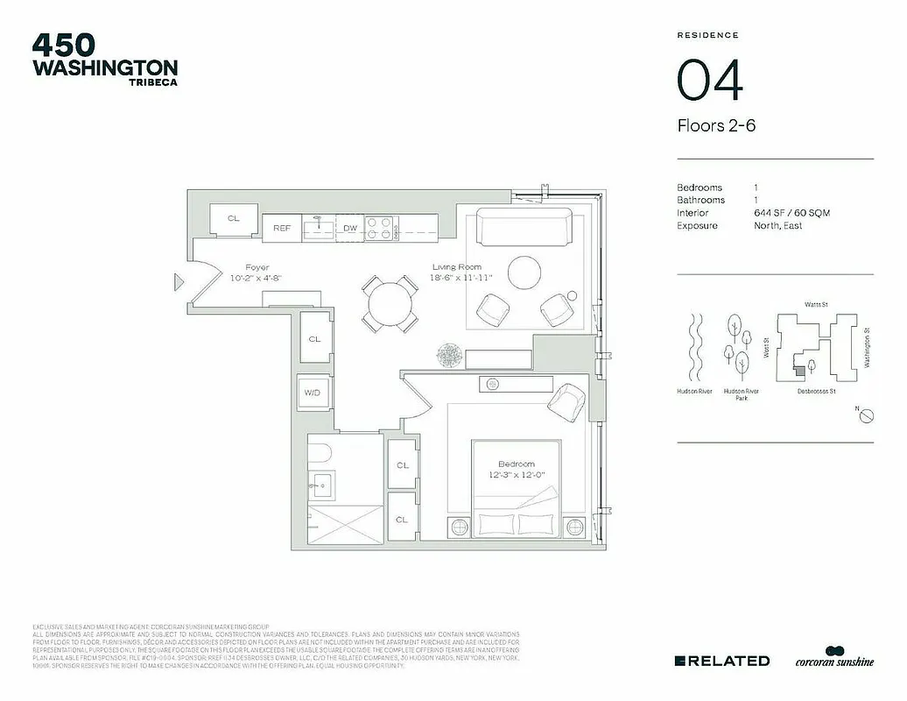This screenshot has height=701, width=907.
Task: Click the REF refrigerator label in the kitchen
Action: pyautogui.click(x=282, y=228)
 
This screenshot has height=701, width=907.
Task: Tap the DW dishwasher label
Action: pyautogui.click(x=350, y=228)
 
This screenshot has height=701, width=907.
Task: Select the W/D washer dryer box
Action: pyautogui.click(x=313, y=393)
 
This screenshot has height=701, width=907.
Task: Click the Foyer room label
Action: pyautogui.click(x=257, y=267)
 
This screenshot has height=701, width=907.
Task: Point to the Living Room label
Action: pyautogui.click(x=457, y=267)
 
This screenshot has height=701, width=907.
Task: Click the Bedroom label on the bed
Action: pyautogui.click(x=517, y=464)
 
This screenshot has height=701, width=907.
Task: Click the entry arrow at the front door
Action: pyautogui.click(x=179, y=281)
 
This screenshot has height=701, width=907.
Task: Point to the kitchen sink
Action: pyautogui.click(x=319, y=228)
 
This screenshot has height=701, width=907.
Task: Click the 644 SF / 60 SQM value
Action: pyautogui.click(x=791, y=213)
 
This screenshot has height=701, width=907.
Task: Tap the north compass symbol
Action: pyautogui.click(x=864, y=416)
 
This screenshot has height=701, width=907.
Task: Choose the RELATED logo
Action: pyautogui.click(x=722, y=661)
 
